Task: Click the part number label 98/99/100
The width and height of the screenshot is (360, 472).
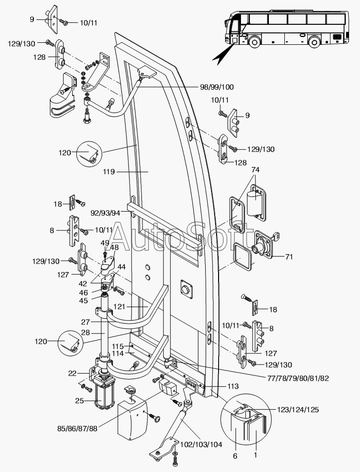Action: pos(217,87)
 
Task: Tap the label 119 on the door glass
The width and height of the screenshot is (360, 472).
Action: pos(109,172)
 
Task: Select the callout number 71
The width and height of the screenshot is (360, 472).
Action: pos(289,257)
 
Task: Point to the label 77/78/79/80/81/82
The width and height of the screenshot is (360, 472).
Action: pos(298,378)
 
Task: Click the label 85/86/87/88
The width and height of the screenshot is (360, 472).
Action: pos(77,428)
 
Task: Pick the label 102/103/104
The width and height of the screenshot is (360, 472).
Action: pos(201,445)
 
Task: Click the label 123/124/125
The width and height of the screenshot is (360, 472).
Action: pos(298,410)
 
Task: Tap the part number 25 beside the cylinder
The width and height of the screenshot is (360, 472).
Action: pos(80,401)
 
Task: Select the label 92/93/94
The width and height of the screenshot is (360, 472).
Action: pos(106,213)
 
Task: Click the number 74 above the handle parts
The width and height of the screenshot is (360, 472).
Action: pos(255,170)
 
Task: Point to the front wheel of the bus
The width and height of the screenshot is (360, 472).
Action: pos(254,41)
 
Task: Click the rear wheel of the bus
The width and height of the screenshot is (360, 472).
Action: pos(314,41)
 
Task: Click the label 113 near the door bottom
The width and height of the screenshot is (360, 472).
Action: pos(233,386)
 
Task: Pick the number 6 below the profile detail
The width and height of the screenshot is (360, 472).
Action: pos(235,457)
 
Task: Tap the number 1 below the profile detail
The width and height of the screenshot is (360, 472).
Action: pos(255,455)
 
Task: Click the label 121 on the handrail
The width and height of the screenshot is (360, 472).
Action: pos(119,307)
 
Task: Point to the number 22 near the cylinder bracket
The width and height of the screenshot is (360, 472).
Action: pos(72,373)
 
